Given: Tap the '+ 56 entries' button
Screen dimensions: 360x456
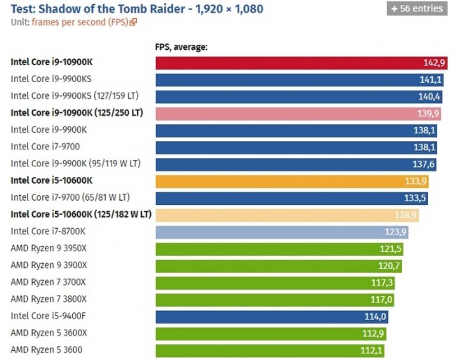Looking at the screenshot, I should [417, 8].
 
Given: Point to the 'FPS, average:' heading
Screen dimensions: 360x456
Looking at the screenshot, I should [181, 47].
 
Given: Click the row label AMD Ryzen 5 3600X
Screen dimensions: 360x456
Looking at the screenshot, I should [48, 333].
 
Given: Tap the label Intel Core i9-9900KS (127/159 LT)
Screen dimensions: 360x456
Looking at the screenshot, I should [76, 95].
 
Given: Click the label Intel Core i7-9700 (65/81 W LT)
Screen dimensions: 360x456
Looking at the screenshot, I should [70, 197].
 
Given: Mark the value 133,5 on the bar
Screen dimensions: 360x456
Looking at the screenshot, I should [415, 198].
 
